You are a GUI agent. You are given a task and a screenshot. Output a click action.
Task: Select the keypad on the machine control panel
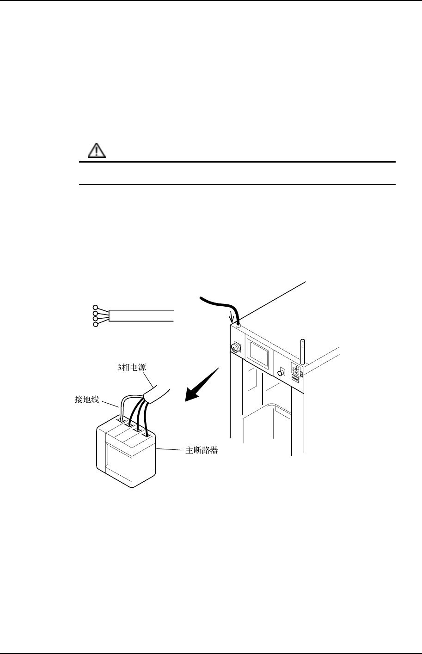[x=297, y=373]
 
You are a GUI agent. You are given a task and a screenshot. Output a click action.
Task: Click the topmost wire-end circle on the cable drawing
[x=96, y=307]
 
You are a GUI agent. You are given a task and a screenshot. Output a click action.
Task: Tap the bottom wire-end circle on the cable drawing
[x=96, y=325]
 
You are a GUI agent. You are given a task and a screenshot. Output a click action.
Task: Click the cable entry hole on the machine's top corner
[x=238, y=325]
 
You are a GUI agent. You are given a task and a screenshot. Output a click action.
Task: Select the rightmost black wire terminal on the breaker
[x=146, y=434]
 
